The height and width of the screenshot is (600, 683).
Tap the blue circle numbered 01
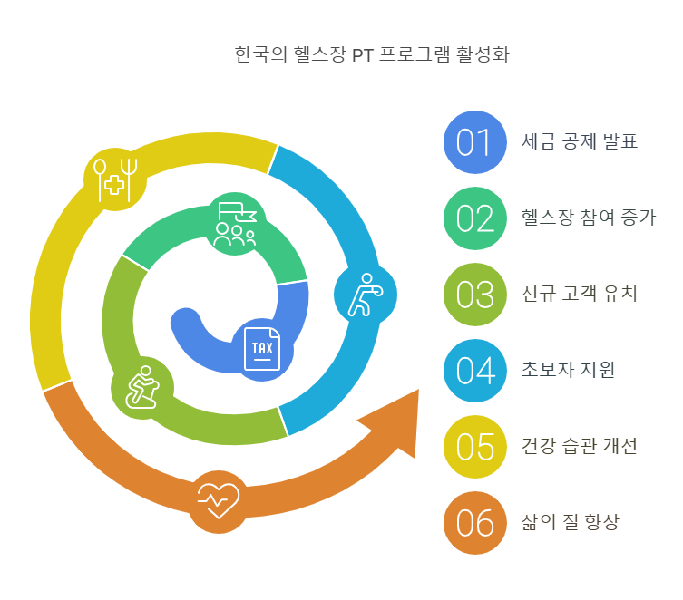(473, 142)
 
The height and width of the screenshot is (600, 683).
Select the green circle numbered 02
(473, 218)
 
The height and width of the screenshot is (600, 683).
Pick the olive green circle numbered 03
(473, 295)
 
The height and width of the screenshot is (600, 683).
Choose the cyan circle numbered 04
(473, 371)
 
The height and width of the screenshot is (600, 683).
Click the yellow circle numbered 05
(473, 447)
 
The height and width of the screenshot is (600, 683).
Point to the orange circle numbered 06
(473, 523)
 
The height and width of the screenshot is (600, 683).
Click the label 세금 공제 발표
(580, 142)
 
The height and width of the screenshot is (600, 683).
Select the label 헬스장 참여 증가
(589, 218)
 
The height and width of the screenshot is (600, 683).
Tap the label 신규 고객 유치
(580, 295)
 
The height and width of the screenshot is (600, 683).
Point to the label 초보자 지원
(568, 371)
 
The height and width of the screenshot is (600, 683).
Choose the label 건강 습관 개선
(580, 447)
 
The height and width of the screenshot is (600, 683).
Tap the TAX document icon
(262, 349)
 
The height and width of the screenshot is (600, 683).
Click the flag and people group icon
(235, 224)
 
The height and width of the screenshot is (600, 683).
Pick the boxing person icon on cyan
(365, 294)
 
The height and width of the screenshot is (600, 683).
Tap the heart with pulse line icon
(219, 498)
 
